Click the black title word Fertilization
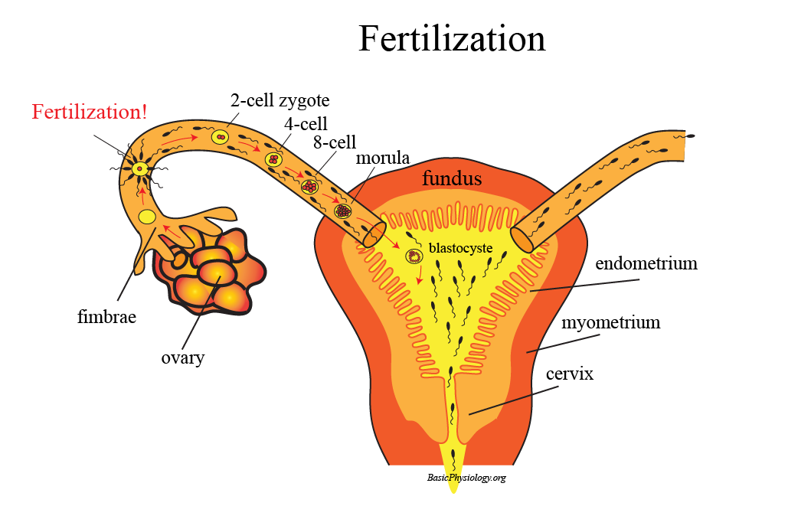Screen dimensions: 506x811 (452, 38)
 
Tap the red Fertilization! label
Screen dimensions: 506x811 (90, 112)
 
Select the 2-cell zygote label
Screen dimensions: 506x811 (280, 100)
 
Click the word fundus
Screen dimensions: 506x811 (452, 179)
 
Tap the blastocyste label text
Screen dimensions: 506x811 (459, 248)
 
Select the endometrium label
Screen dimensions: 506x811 (646, 263)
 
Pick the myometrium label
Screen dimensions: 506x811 (610, 322)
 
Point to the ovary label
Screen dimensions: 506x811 (182, 357)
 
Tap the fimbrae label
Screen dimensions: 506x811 (106, 315)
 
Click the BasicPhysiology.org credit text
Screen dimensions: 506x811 (467, 478)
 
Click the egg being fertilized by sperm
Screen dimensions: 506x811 (139, 168)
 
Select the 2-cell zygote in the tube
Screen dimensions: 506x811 (220, 138)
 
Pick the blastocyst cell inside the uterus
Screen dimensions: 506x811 (414, 256)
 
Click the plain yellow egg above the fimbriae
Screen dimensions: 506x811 (147, 217)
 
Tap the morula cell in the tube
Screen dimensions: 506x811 (343, 210)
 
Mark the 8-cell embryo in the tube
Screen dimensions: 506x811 (309, 186)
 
